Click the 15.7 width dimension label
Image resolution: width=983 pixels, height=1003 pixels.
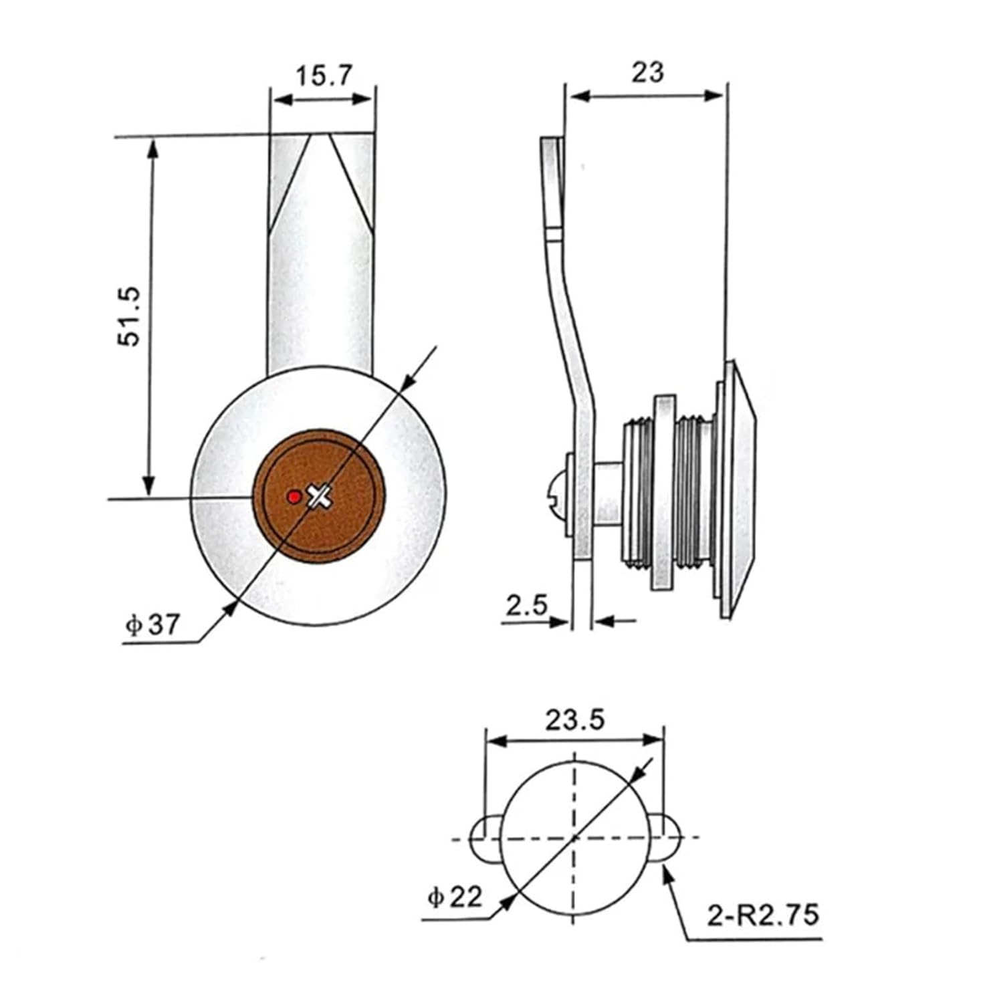(323, 75)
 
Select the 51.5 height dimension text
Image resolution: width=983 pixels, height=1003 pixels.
(130, 316)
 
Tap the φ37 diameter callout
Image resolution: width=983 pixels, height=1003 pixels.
(153, 625)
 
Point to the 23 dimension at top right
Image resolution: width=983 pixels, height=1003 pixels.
(647, 72)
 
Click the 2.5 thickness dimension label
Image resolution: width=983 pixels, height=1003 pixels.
(526, 606)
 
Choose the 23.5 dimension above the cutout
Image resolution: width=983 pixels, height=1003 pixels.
(574, 720)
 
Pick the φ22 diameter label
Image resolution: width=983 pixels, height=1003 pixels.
(455, 897)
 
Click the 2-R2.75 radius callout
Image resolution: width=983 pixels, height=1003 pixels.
(763, 915)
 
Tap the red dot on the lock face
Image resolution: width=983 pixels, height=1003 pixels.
(293, 497)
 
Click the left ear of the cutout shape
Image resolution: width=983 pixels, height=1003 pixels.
(485, 839)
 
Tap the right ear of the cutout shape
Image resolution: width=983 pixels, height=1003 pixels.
(665, 839)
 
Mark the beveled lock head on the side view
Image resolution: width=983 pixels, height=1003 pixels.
(742, 488)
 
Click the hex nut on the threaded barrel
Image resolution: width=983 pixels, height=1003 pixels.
(664, 493)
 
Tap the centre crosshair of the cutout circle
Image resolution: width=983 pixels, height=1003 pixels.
(574, 838)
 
